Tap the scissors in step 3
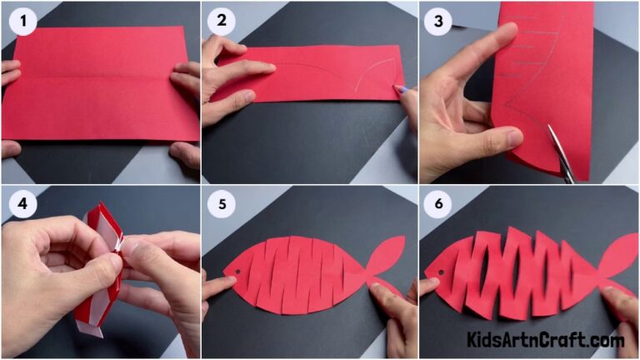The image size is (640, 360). point(561,154)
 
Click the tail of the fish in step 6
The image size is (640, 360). point(618,258)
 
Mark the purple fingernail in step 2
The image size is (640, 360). point(401,88)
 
